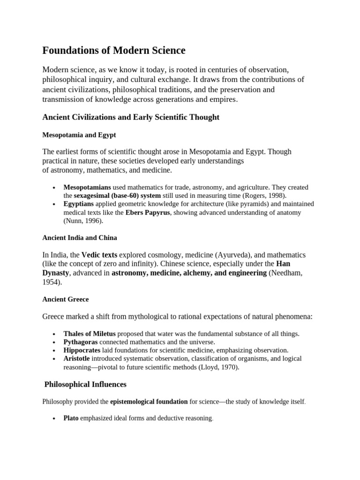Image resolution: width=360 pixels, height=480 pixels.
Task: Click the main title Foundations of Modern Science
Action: point(114,50)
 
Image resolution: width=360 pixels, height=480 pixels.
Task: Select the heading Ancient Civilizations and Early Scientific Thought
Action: point(131,117)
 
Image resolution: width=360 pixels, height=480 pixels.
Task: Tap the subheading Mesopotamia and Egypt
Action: point(79,135)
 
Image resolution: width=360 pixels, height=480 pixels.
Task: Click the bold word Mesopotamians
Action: point(87,187)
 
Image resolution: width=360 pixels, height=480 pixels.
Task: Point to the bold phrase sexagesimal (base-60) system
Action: point(118,195)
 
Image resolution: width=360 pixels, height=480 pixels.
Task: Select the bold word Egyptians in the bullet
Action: point(79,204)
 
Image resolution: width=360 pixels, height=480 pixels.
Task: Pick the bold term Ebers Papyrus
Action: point(148,212)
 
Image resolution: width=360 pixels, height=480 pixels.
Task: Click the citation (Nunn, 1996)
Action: point(83,221)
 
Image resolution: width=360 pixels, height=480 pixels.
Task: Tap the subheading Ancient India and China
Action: point(80,238)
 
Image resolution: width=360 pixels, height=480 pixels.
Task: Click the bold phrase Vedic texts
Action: point(99,255)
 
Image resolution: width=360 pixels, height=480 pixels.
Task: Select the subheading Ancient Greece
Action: point(66,299)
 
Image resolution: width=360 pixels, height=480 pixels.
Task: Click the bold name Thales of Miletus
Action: point(90,334)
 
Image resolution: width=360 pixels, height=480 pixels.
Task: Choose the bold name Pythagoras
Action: point(82,342)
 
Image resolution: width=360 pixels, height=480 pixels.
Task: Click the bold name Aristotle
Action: point(77,359)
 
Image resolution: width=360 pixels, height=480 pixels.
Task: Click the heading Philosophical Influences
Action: point(85,384)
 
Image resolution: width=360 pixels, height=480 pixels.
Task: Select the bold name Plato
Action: point(71,418)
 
